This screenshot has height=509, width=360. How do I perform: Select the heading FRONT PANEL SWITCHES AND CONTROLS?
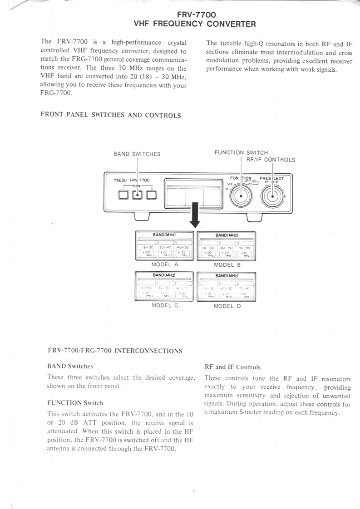click(x=111, y=115)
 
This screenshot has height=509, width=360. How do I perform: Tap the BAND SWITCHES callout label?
click(x=137, y=154)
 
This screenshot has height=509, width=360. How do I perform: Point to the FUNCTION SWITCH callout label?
click(x=241, y=152)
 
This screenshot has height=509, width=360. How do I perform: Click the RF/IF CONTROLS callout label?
click(x=271, y=160)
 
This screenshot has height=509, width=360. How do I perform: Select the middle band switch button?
click(x=138, y=195)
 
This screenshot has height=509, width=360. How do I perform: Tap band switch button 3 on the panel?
click(x=151, y=195)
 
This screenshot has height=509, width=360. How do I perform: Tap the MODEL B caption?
click(x=227, y=264)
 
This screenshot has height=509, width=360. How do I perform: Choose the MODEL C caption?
click(x=164, y=305)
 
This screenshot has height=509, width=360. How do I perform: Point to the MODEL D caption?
click(x=227, y=306)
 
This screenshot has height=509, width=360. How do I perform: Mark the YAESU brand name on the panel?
click(x=120, y=180)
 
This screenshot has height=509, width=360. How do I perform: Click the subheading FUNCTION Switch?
click(x=75, y=403)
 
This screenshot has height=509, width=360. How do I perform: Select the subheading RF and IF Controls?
click(x=232, y=367)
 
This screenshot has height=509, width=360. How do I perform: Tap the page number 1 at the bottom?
click(x=193, y=491)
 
